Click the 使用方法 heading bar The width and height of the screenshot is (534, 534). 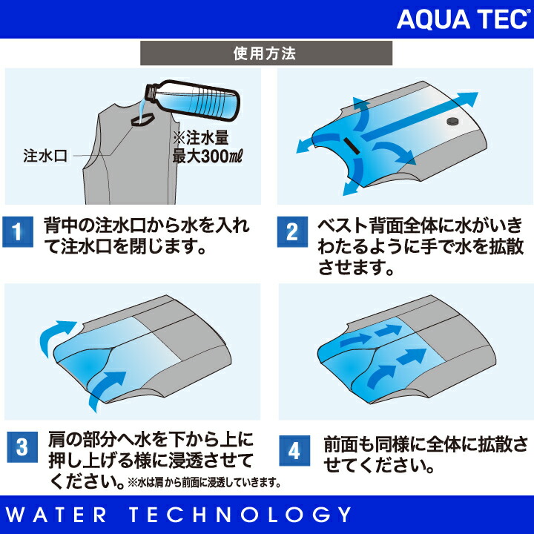click(267, 54)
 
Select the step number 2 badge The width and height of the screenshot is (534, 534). click(292, 232)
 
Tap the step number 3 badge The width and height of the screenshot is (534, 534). click(22, 447)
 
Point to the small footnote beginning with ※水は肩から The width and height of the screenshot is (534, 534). click(205, 483)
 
